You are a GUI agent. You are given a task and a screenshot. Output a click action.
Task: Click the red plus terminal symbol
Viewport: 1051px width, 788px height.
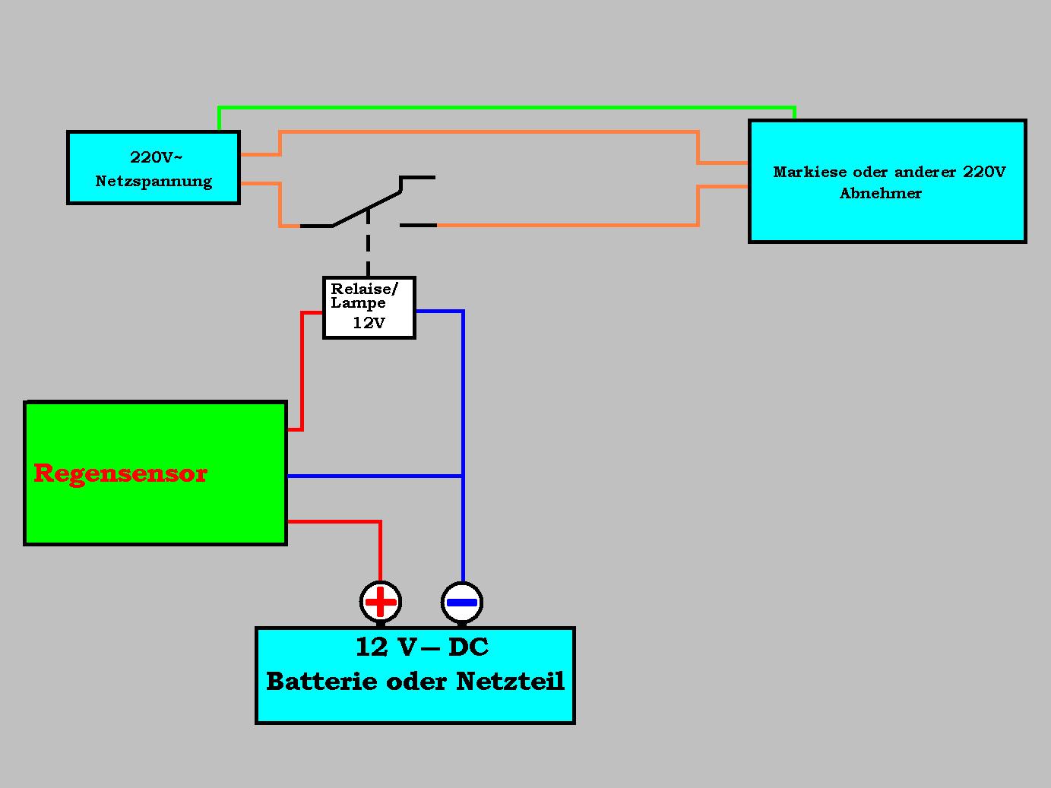coord(381,602)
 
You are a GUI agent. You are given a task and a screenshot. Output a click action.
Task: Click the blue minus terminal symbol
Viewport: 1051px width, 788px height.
coord(462,603)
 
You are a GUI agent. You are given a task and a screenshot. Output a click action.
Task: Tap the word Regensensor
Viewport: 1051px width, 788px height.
coord(120,473)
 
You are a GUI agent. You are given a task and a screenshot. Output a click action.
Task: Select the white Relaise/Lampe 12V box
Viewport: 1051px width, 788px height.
coord(369,308)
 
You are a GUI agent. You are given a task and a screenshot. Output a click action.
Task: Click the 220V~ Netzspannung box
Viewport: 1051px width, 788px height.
coord(154,168)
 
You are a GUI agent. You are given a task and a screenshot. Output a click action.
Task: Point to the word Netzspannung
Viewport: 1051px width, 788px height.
coord(154,182)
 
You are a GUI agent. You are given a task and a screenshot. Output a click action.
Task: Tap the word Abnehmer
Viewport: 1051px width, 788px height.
coord(880,193)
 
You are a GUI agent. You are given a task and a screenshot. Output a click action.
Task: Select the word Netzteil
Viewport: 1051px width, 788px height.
coord(511,681)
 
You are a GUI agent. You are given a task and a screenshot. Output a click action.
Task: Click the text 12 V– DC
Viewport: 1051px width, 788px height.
coord(422,647)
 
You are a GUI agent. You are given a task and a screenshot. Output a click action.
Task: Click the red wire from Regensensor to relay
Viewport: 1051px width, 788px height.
coord(302,372)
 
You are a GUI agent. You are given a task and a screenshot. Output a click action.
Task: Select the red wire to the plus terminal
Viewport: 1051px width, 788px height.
coord(380,547)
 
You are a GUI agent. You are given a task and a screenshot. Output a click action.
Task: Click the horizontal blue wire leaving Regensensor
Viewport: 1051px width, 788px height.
coord(372,476)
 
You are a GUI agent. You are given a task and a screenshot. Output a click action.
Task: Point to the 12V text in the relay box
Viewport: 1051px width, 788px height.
coord(369,323)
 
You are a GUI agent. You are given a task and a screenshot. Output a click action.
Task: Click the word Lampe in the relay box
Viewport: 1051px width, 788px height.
coord(358,303)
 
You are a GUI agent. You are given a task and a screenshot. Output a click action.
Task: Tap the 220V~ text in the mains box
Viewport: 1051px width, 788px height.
coord(156,157)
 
